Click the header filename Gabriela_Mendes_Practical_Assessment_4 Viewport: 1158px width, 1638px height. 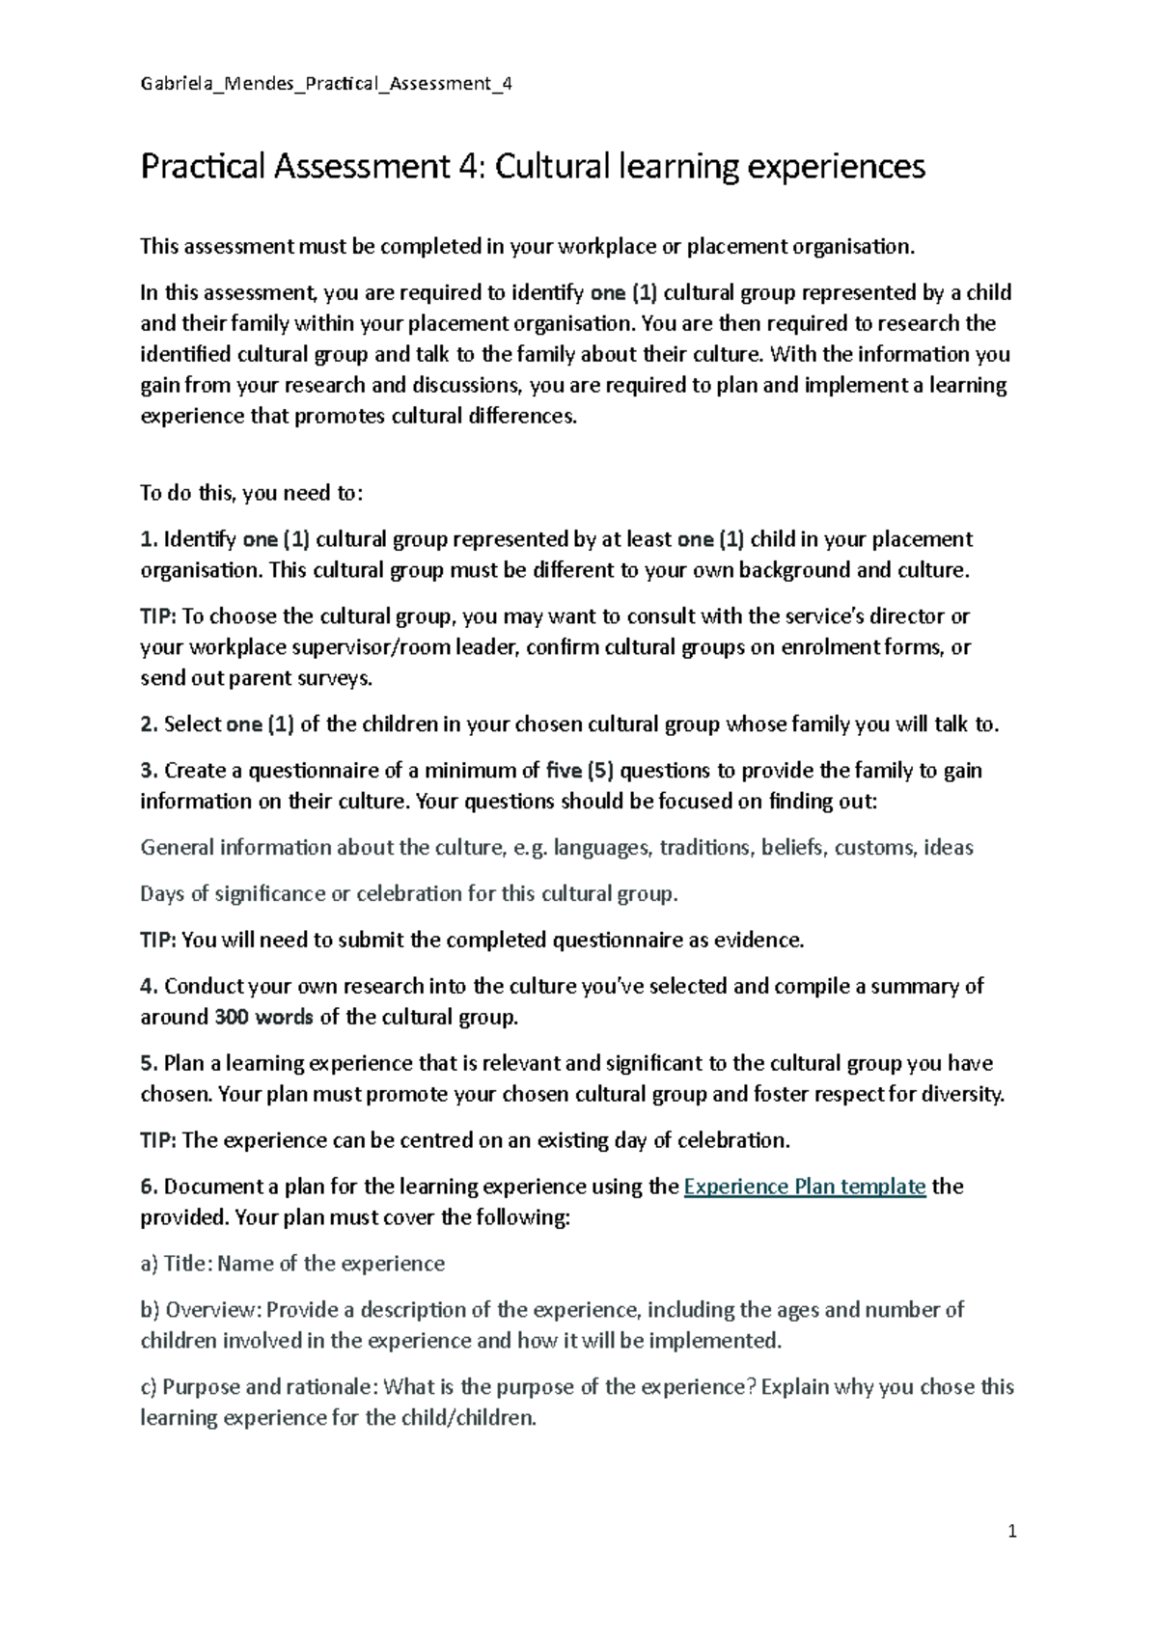click(326, 84)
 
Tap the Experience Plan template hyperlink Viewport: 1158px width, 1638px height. click(804, 1187)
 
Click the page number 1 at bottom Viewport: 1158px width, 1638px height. click(1012, 1531)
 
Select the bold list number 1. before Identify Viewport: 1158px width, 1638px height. click(148, 539)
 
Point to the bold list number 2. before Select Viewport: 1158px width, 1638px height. click(148, 724)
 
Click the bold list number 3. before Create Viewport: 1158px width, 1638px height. click(148, 771)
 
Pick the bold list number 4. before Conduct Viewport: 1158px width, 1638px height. click(148, 986)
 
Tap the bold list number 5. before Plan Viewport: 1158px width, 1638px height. click(148, 1063)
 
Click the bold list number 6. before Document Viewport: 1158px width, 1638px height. click(148, 1187)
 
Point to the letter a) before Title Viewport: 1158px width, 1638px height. click(150, 1264)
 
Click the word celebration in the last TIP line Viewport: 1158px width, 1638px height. click(732, 1140)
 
